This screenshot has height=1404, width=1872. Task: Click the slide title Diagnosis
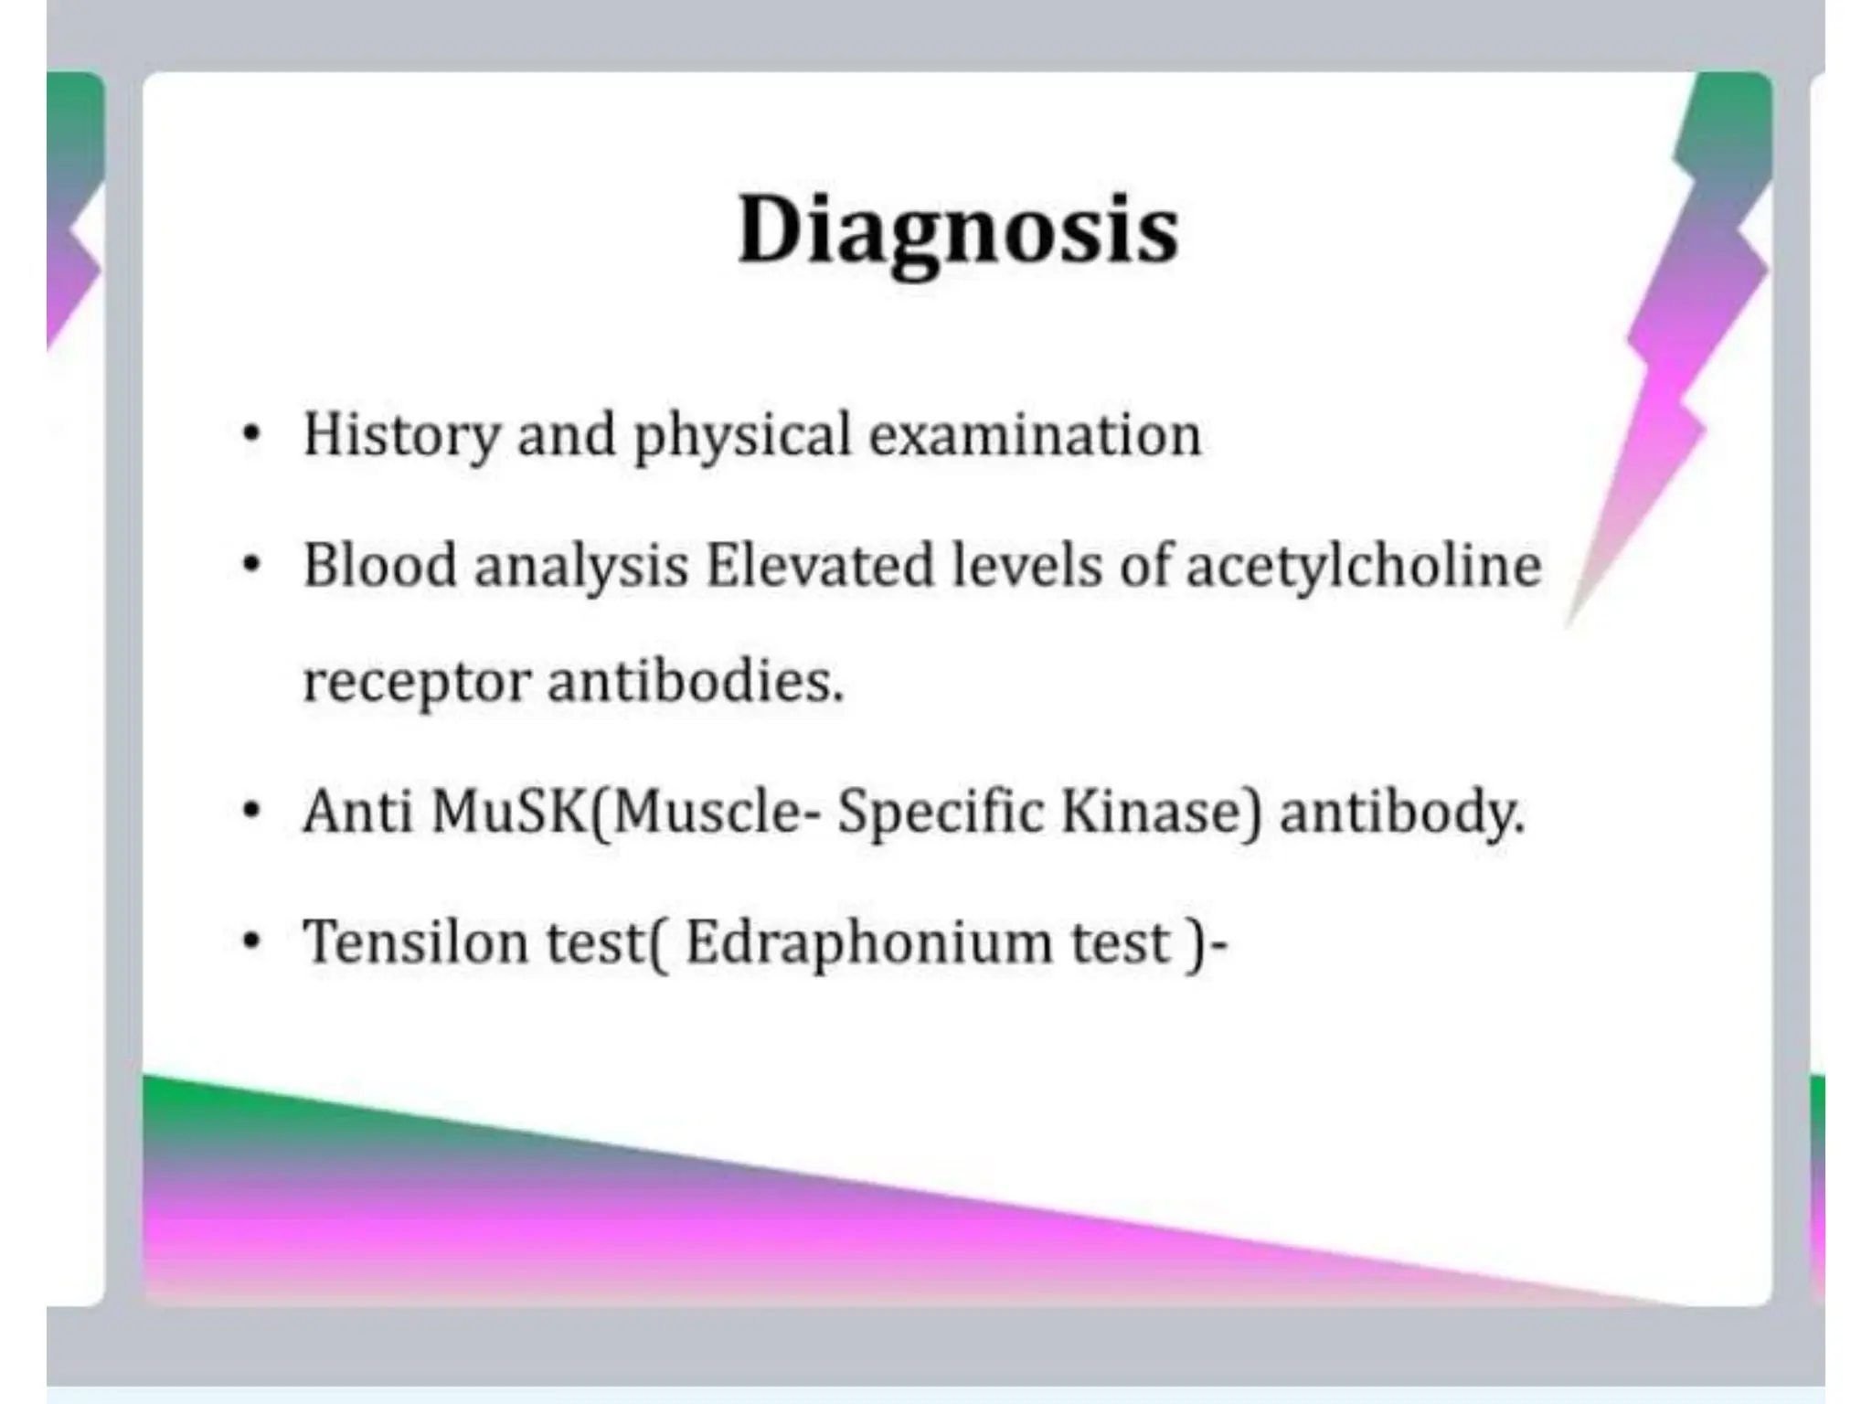958,230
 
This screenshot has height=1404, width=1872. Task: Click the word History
401,435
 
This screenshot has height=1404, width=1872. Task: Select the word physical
742,435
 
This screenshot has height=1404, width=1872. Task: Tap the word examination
1035,435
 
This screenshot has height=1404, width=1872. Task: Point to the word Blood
379,565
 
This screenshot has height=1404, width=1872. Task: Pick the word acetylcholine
1364,565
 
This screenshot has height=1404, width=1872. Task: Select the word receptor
416,682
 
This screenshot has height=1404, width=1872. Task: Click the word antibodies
695,682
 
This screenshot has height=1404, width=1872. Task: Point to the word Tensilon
416,941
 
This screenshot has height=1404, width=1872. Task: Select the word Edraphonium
868,941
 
